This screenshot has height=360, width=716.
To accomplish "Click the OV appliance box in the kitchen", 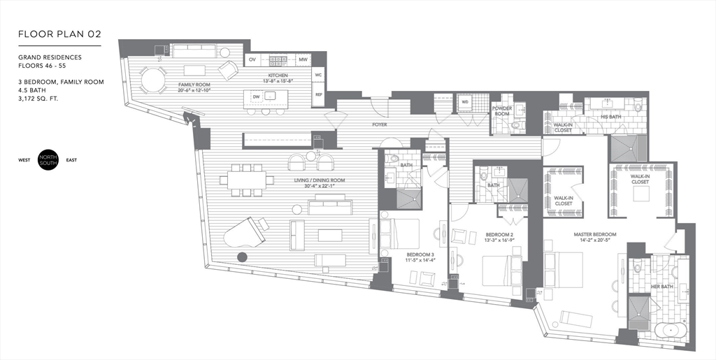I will coord(252,60).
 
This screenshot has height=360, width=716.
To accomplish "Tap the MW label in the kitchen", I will coord(303,60).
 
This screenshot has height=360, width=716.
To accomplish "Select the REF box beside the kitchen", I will coord(318,94).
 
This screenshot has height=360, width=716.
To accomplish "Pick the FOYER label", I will coord(380,125).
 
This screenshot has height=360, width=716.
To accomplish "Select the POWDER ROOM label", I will coord(502,110).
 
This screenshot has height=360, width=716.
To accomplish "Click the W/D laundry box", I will coord(464,103).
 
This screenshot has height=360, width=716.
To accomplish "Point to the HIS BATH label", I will coord(611,117).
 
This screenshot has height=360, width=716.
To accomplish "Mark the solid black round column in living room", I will coord(242,257).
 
